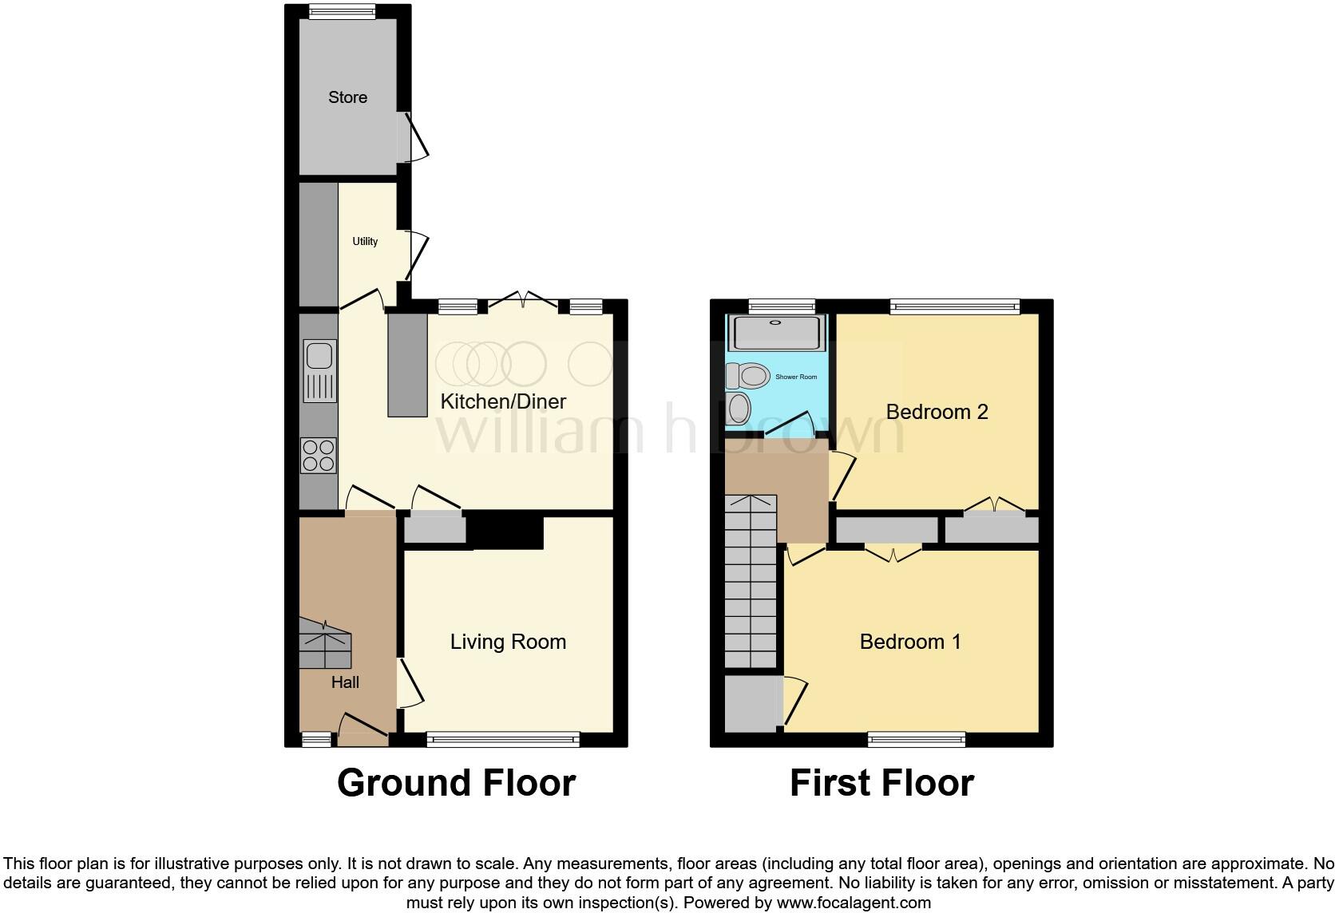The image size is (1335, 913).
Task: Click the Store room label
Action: tap(348, 97)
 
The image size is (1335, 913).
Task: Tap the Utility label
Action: tap(365, 241)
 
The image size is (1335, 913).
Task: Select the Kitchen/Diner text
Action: tap(503, 401)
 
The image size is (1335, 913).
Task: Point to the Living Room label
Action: tap(508, 642)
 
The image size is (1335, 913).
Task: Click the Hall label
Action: tap(345, 682)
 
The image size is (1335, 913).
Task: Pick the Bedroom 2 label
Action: tap(937, 412)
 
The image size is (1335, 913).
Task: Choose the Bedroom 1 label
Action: tap(910, 642)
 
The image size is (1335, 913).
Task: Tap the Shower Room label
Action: tap(796, 377)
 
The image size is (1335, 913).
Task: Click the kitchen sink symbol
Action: tap(320, 371)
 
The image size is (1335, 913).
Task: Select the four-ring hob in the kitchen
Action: tap(319, 456)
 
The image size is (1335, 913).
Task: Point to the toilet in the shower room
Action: tap(748, 374)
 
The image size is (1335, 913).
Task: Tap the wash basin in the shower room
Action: tap(739, 409)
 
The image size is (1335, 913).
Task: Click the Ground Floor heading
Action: tap(456, 783)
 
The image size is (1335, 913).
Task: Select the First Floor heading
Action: tap(881, 783)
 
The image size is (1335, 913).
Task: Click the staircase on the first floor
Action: tap(751, 583)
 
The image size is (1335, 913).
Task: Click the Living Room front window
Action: tap(503, 740)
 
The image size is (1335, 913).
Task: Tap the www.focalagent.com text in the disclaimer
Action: tap(854, 903)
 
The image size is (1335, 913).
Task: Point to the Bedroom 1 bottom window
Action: tap(917, 740)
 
